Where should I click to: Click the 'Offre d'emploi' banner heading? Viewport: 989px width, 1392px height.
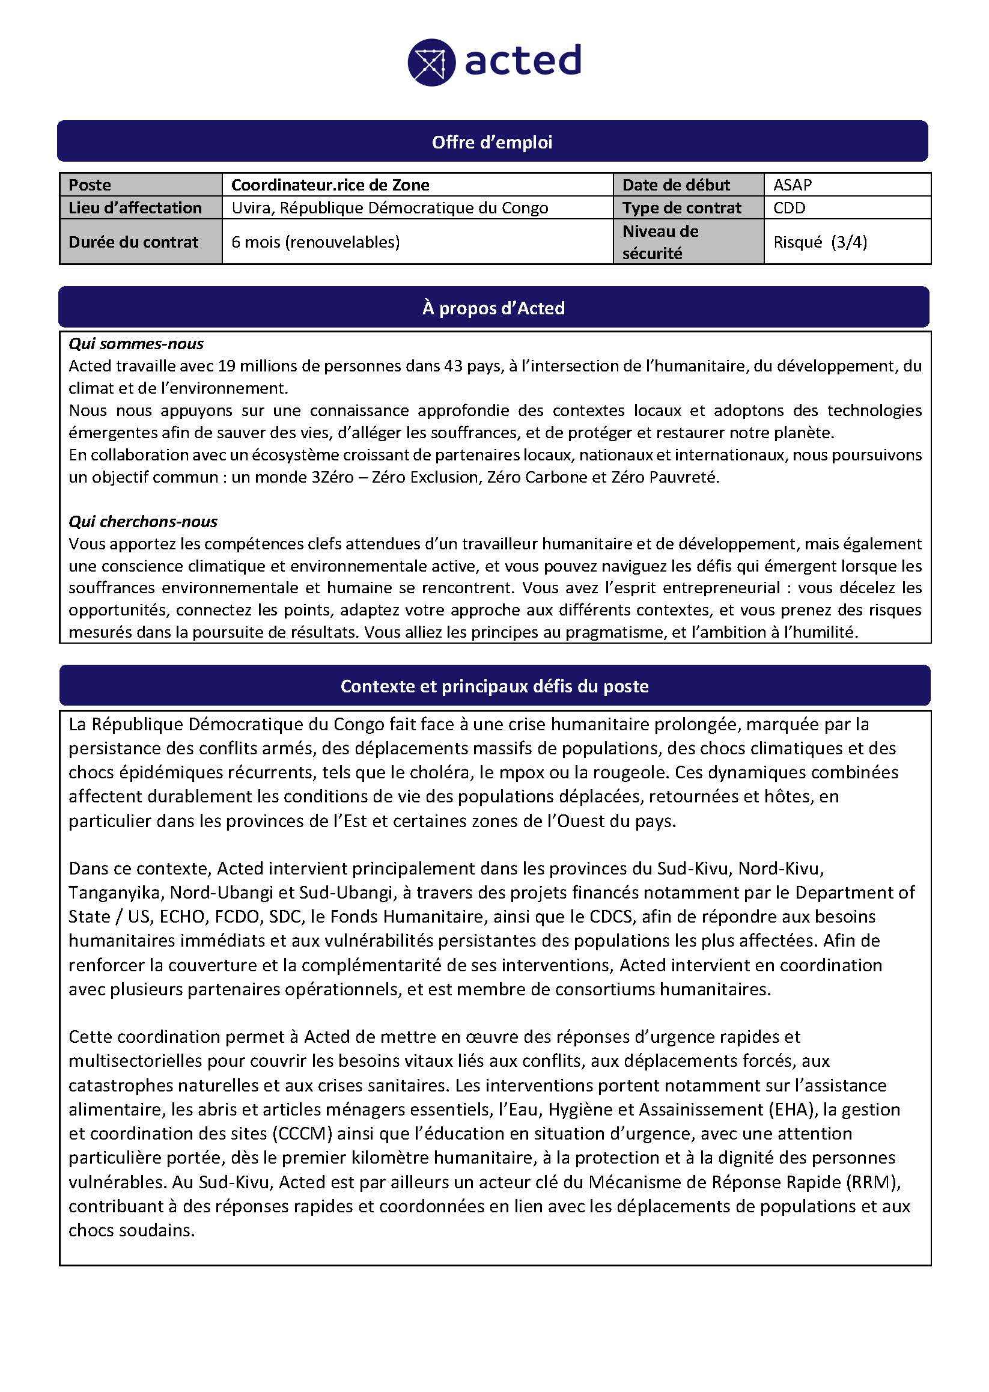tap(492, 142)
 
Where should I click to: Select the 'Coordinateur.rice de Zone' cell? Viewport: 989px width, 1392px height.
tap(330, 185)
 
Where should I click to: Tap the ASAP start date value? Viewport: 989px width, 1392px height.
tap(793, 185)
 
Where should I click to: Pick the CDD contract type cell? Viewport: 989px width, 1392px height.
tap(790, 208)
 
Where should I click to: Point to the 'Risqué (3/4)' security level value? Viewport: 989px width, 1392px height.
tap(820, 242)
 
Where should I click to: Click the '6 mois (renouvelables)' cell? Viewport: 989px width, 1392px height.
tap(315, 242)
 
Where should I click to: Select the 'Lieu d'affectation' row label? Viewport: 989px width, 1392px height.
tap(135, 208)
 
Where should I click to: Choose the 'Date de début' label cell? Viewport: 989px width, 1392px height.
tap(676, 185)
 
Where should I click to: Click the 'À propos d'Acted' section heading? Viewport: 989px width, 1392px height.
tap(493, 308)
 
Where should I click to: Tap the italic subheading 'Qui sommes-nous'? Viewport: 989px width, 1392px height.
tap(136, 344)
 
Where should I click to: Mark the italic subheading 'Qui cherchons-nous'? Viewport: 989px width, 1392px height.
tap(142, 522)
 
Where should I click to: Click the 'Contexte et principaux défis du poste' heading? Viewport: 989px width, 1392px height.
tap(494, 686)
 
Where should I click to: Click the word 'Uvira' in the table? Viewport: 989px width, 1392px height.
tap(252, 208)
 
